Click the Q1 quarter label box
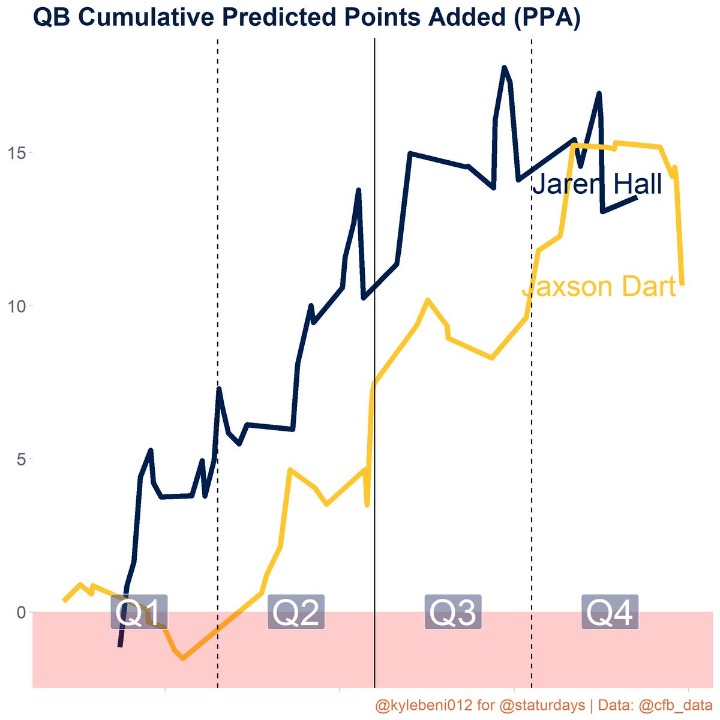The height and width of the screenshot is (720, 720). pyautogui.click(x=139, y=613)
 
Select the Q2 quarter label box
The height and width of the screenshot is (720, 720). pyautogui.click(x=296, y=613)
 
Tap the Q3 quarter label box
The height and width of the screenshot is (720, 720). pyautogui.click(x=453, y=613)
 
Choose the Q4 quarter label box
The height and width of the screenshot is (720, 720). pyautogui.click(x=610, y=613)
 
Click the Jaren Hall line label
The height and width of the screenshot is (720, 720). pyautogui.click(x=597, y=184)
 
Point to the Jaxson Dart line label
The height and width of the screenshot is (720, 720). pyautogui.click(x=599, y=287)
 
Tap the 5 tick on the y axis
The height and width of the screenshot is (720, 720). pyautogui.click(x=22, y=459)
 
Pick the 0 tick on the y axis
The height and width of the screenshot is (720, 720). pyautogui.click(x=22, y=612)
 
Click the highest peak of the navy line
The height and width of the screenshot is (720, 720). pyautogui.click(x=504, y=67)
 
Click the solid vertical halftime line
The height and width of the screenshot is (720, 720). pyautogui.click(x=374, y=360)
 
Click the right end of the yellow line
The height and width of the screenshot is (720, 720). pyautogui.click(x=682, y=284)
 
